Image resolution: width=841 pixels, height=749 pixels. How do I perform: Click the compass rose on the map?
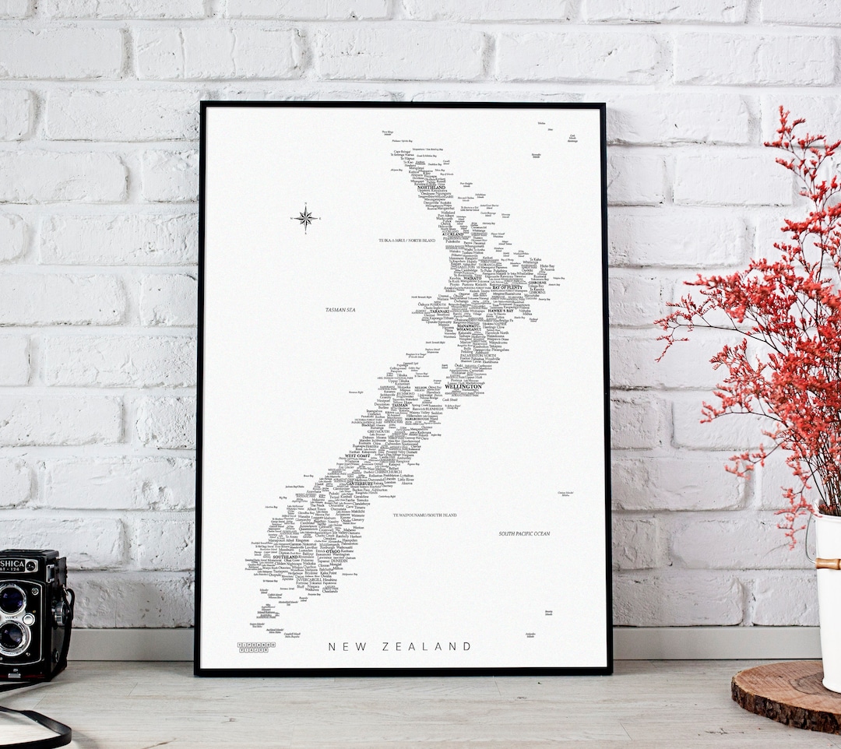point(304,217)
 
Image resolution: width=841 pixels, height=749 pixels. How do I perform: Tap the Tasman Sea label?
point(341,310)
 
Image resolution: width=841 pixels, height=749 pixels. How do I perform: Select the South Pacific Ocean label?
point(524,533)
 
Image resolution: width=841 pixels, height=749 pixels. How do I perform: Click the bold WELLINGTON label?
point(463,386)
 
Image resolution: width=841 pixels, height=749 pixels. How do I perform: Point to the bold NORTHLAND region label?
point(431,188)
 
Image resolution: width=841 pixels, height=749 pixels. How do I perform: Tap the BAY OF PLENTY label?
point(507,287)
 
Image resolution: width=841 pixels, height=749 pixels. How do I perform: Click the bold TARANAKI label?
point(435,311)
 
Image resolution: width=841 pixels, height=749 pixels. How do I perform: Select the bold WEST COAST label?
point(357,455)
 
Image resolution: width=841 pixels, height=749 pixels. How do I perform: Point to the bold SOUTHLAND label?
point(286,557)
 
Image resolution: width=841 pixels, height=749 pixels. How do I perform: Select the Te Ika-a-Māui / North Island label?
point(406,241)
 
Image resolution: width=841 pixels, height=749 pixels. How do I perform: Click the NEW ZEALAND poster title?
point(399,646)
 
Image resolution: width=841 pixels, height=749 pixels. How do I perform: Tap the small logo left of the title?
point(256,646)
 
